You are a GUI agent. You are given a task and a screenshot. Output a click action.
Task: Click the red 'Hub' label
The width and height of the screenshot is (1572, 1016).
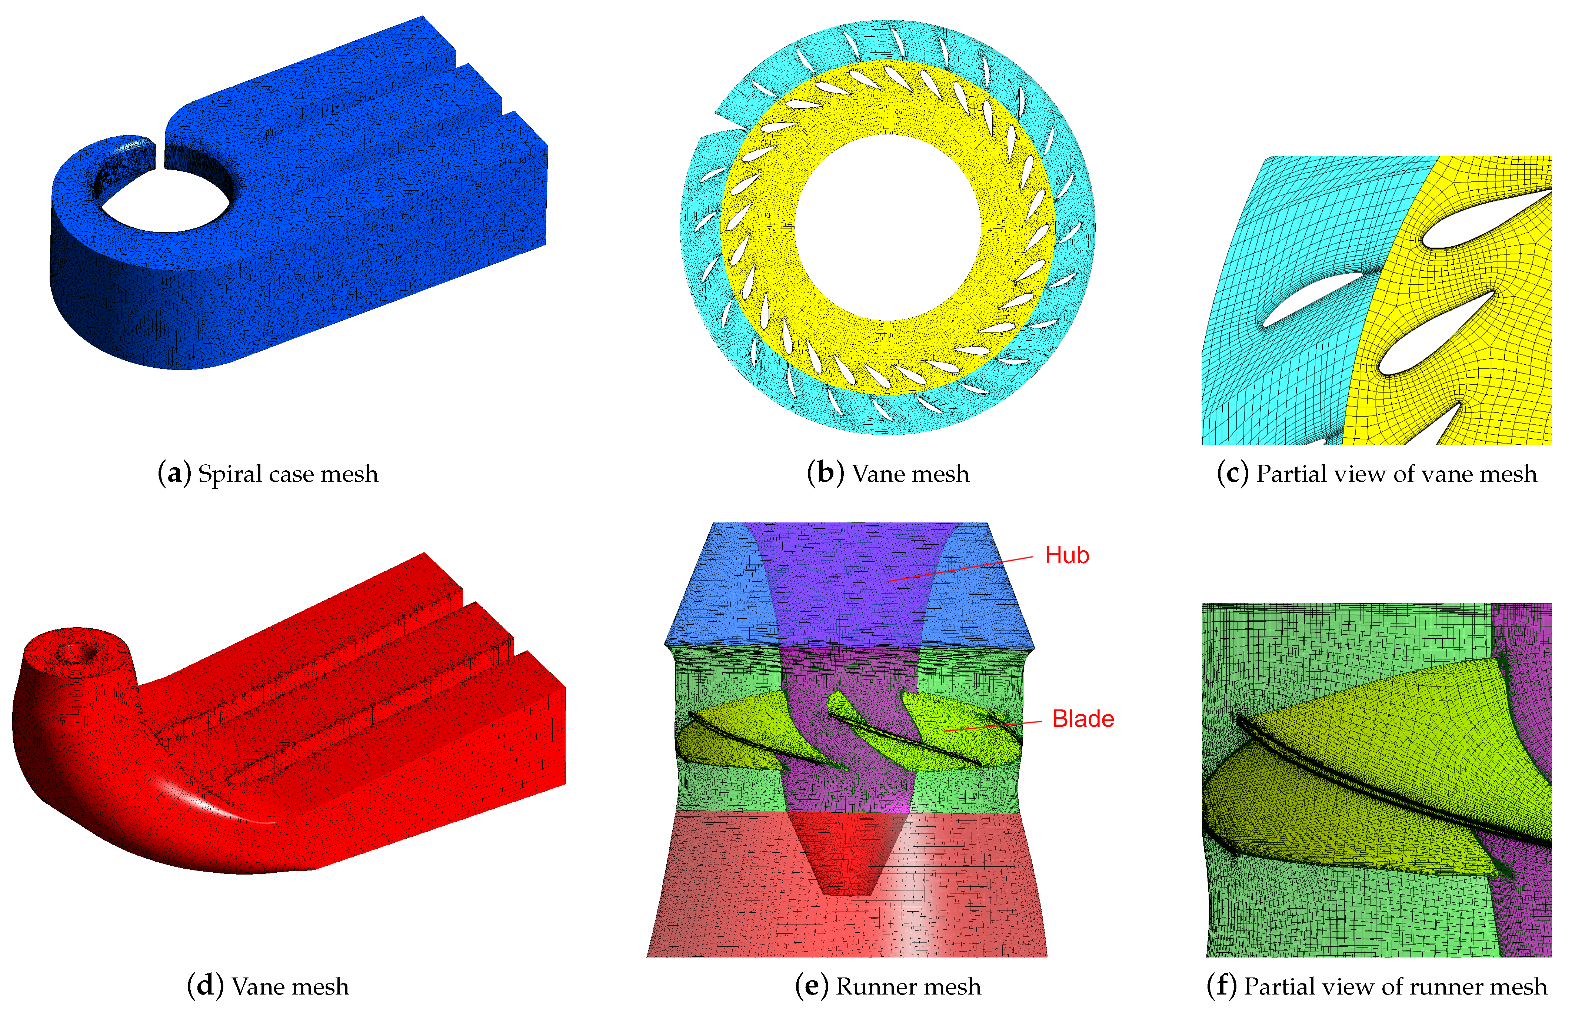(1066, 555)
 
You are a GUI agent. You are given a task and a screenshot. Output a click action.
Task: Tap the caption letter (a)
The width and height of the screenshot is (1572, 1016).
(174, 474)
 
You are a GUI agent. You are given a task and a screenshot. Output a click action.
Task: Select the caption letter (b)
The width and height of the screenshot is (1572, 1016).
(825, 473)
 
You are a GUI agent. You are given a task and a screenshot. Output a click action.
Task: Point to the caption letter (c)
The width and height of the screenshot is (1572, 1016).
(1232, 474)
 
